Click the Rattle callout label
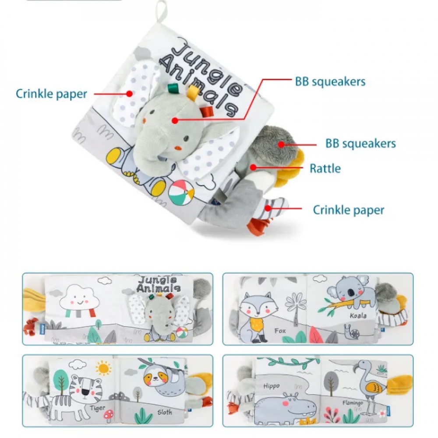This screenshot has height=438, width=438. (325, 169)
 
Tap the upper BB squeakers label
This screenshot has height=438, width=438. (330, 81)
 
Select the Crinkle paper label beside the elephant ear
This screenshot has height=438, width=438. (51, 94)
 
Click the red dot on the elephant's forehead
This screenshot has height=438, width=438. (175, 121)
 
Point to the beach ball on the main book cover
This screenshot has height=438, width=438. (181, 193)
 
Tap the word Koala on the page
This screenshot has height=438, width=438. (358, 316)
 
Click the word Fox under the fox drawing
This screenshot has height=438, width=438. (280, 331)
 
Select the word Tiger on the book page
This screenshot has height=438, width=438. (98, 408)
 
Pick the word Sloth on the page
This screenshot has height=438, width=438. (165, 412)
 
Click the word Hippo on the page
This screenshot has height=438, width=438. (271, 386)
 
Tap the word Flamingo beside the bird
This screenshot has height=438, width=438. (353, 403)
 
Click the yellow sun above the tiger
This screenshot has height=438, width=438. (103, 368)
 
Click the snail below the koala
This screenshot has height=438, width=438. (353, 332)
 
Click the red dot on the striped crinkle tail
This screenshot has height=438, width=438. (268, 208)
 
